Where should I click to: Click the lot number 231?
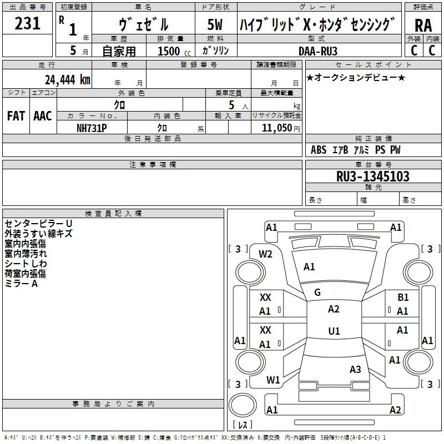pyautogui.click(x=27, y=23)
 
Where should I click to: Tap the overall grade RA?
pyautogui.click(x=423, y=26)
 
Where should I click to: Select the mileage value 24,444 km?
pyautogui.click(x=68, y=79)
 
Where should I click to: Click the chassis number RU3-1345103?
pyautogui.click(x=372, y=176)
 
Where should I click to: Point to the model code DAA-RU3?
pyautogui.click(x=317, y=51)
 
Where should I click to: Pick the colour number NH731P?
pyautogui.click(x=92, y=128)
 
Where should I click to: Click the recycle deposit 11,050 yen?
pyautogui.click(x=281, y=128)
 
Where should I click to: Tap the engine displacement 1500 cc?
pyautogui.click(x=174, y=51)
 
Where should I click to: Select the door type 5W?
pyautogui.click(x=215, y=24)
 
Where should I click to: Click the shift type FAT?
pyautogui.click(x=16, y=116)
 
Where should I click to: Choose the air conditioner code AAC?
pyautogui.click(x=43, y=116)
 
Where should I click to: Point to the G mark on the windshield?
pyautogui.click(x=317, y=292)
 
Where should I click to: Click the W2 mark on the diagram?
pyautogui.click(x=265, y=254)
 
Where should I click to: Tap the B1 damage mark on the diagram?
pyautogui.click(x=403, y=297)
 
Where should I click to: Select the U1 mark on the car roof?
pyautogui.click(x=334, y=331)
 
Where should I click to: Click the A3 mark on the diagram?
pyautogui.click(x=355, y=369)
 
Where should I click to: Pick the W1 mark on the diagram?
pyautogui.click(x=273, y=380)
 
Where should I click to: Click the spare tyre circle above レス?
pyautogui.click(x=243, y=405)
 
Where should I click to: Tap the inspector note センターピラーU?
pyautogui.click(x=38, y=224)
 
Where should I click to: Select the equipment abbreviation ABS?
pyautogui.click(x=319, y=150)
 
